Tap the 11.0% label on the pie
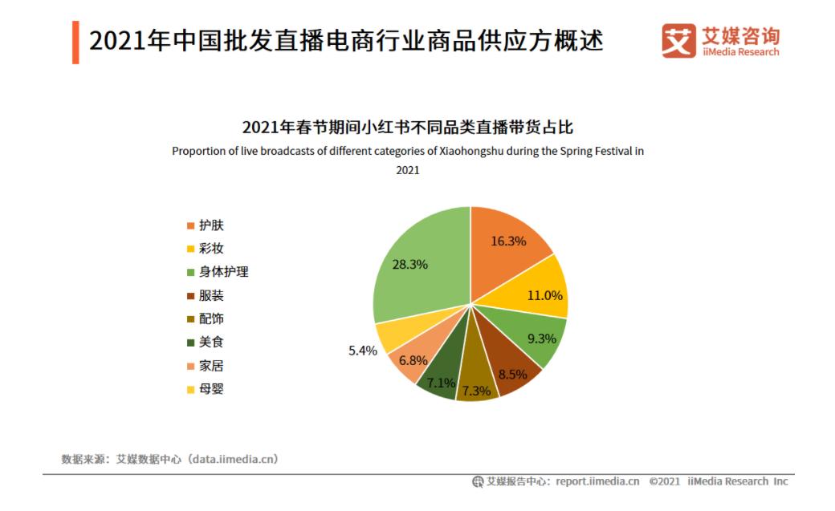[x=545, y=295]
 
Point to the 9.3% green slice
[x=540, y=337]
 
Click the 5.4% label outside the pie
[x=363, y=351]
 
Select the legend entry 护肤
[x=211, y=225]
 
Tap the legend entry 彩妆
[x=211, y=249]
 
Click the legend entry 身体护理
[x=223, y=272]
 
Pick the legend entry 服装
[x=211, y=295]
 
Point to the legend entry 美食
[x=211, y=342]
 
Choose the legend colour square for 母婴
[x=190, y=389]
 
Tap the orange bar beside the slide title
[x=75, y=43]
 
